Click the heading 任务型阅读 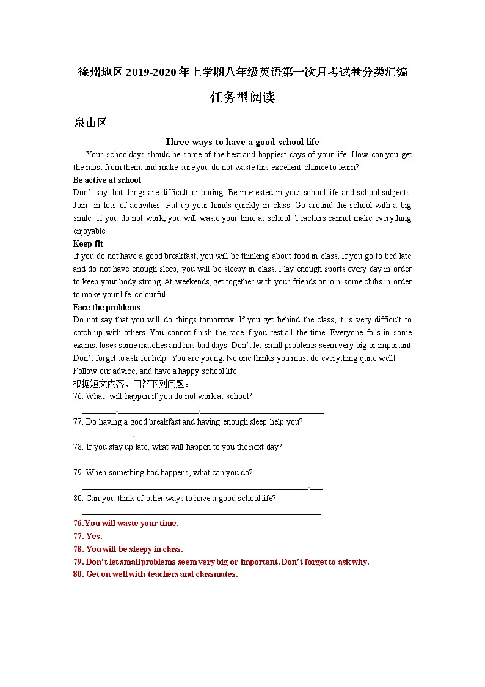click(242, 97)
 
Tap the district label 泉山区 click(90, 123)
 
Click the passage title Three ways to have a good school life click(242, 142)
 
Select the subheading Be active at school click(107, 180)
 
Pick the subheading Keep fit click(88, 243)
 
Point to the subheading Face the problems click(106, 307)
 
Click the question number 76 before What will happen click(78, 396)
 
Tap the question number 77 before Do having click(78, 421)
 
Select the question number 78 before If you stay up click(78, 447)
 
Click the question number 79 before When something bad click(78, 472)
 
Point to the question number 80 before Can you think click(78, 498)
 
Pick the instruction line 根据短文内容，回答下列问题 click(131, 384)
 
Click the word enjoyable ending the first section click(90, 231)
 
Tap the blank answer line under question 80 click(202, 514)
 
